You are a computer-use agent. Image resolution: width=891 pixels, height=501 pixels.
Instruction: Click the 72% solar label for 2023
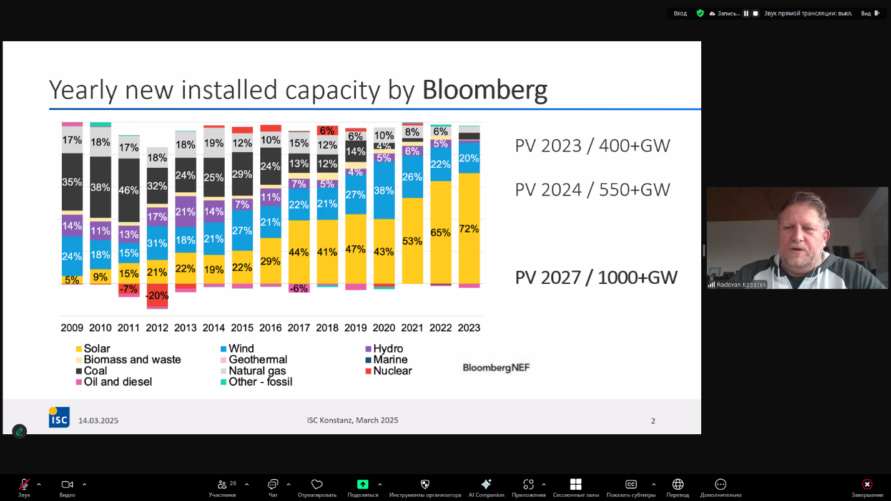tap(469, 229)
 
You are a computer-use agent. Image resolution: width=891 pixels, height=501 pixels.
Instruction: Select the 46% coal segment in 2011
tap(129, 190)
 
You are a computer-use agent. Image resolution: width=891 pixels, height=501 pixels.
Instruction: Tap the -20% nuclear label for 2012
tap(157, 295)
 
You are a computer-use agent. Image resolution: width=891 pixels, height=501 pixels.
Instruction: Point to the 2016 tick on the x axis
tap(270, 328)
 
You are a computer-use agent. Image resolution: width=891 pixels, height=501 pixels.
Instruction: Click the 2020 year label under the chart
tap(383, 328)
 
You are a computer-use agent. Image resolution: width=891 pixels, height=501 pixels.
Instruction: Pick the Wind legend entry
tap(241, 349)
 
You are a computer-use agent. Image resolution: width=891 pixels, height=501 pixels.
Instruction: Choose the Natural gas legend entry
tap(257, 371)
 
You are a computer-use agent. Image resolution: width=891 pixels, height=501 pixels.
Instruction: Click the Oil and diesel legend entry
tap(117, 382)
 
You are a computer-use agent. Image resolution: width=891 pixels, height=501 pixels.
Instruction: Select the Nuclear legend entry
tap(392, 371)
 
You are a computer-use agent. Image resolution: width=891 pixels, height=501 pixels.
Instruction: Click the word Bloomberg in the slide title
tap(485, 90)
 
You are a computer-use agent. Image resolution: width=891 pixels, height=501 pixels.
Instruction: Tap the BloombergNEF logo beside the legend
tap(496, 367)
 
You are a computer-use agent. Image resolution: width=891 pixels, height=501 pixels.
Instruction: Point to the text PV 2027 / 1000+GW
tap(596, 278)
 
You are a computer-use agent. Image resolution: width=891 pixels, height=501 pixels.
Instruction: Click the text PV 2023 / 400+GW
tap(592, 146)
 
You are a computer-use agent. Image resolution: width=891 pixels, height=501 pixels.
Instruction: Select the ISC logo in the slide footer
tap(59, 417)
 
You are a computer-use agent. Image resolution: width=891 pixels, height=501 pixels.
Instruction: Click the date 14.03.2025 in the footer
tap(98, 421)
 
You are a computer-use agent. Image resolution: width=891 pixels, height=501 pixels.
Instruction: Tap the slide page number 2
tap(653, 421)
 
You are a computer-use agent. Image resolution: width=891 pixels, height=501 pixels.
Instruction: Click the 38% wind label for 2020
tap(383, 190)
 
